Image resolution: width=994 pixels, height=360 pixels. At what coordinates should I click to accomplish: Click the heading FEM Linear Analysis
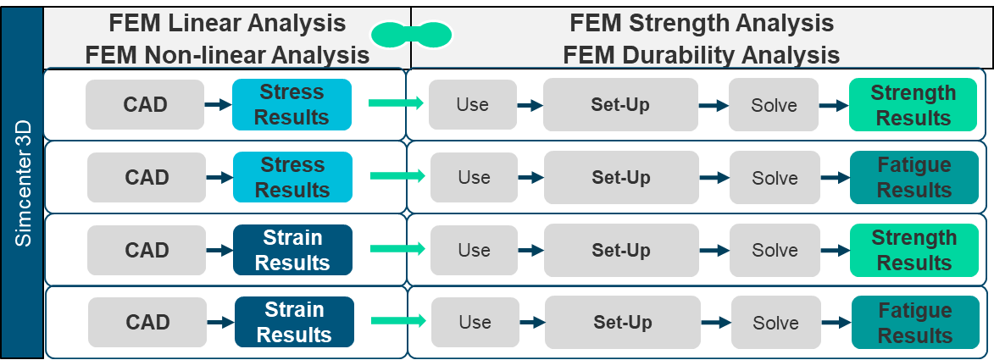[x=226, y=22]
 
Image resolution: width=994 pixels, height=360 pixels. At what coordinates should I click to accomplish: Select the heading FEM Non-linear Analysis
[x=226, y=55]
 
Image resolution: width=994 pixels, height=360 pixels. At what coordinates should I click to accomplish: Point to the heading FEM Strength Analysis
[x=701, y=22]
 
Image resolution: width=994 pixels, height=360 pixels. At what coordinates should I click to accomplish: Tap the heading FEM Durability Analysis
[x=701, y=55]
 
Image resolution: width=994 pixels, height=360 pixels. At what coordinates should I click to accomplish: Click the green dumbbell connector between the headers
[x=411, y=35]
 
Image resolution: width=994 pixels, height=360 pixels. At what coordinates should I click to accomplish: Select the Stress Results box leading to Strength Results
[x=292, y=104]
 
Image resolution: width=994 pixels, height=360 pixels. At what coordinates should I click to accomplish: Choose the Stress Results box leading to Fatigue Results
[x=292, y=177]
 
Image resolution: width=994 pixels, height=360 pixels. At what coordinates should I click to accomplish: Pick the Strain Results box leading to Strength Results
[x=292, y=250]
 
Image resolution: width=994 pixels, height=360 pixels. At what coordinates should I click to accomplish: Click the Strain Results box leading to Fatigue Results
[x=293, y=323]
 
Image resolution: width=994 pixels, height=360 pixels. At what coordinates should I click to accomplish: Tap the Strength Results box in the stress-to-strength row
[x=913, y=105]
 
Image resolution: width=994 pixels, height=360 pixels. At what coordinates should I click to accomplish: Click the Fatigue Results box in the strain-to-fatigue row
[x=914, y=324]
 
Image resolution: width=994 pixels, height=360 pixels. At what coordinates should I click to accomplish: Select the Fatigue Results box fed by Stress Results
[x=913, y=178]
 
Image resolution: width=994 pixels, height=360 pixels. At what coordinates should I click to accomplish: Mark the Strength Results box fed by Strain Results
[x=913, y=251]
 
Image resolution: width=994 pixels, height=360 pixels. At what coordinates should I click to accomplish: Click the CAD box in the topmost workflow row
[x=146, y=105]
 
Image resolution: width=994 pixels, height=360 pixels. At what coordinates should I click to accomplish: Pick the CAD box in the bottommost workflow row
[x=147, y=323]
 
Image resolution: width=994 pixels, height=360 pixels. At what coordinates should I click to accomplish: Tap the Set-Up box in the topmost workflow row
[x=620, y=105]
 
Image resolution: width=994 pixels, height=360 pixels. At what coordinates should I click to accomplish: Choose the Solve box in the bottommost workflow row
[x=775, y=323]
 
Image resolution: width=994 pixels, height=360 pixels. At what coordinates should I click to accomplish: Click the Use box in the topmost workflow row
[x=472, y=105]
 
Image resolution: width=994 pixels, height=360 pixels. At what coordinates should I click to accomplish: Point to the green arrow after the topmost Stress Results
[x=396, y=103]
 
